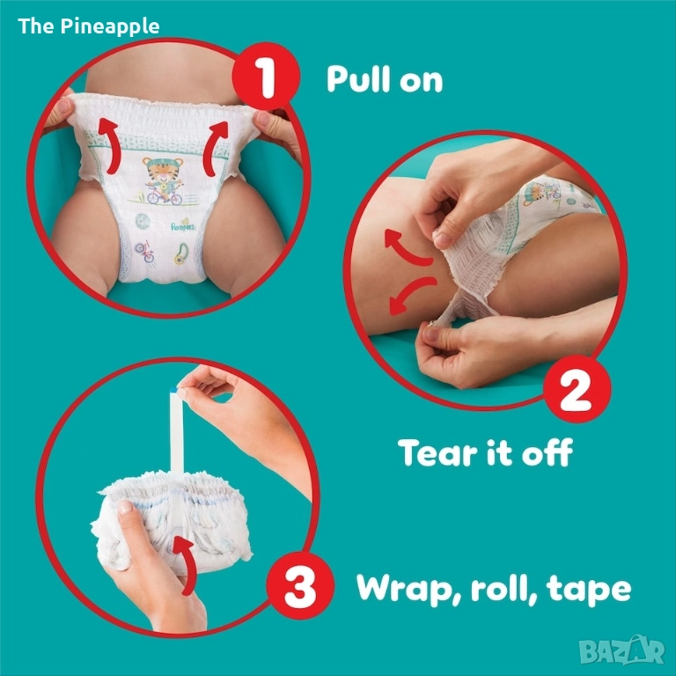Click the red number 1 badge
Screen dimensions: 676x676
point(266,77)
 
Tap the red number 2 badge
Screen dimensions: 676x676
point(577,389)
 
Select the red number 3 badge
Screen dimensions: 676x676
point(300,586)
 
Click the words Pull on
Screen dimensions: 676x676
point(385,79)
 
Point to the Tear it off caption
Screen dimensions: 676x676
point(486,452)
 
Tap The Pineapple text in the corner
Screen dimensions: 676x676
point(89,26)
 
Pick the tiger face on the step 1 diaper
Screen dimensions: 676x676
point(163,168)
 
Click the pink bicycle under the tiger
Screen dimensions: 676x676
point(165,196)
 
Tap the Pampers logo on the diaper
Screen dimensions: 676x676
point(183,226)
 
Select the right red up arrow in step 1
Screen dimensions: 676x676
point(216,148)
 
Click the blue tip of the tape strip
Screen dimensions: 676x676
point(173,390)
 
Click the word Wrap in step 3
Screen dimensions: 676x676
point(409,589)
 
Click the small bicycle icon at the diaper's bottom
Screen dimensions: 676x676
point(145,252)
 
